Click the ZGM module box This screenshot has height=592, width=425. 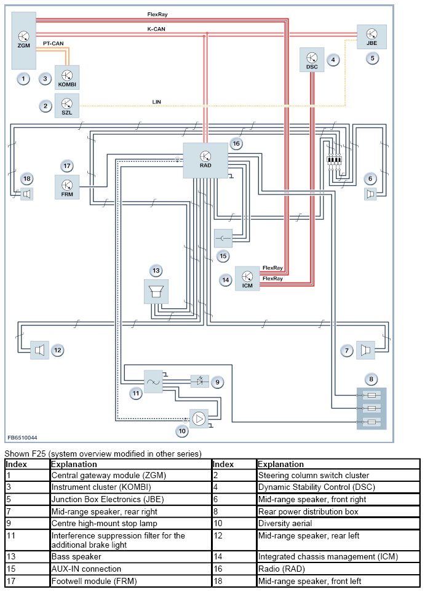23,41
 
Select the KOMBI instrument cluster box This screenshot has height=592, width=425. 67,78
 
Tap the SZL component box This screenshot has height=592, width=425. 67,106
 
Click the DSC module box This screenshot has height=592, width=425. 312,60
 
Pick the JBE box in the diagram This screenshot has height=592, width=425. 371,37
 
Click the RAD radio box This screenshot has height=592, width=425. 205,161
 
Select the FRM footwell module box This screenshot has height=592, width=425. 67,187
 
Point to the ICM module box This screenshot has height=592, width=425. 247,278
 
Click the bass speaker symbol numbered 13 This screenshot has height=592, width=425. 156,292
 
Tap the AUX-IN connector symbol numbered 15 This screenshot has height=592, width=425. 223,238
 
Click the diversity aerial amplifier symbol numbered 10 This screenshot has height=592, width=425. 199,418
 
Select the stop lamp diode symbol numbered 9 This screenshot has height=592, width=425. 200,382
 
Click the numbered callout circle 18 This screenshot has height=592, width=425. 27,178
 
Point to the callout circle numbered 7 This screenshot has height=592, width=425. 347,351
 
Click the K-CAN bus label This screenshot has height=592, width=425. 156,29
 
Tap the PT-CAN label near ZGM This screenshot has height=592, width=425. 54,44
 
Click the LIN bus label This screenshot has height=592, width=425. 156,102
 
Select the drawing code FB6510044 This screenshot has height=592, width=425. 22,438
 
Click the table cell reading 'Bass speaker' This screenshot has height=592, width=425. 76,556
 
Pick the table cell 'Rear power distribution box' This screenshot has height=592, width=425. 308,511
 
